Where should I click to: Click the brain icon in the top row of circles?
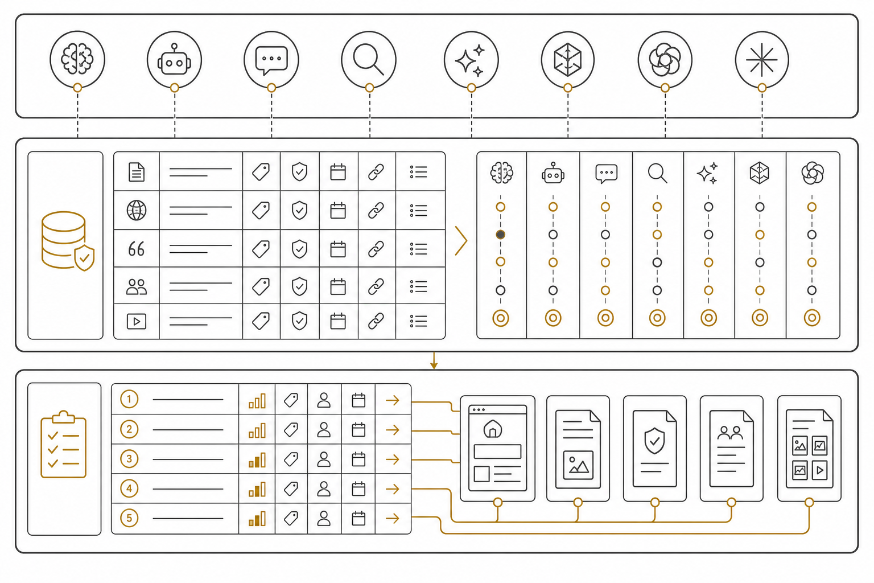click(x=77, y=59)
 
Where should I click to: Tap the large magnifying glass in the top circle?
click(x=368, y=59)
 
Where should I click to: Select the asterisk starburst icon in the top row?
click(x=762, y=60)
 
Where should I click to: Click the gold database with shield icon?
click(x=68, y=241)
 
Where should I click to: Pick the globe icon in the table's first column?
click(x=137, y=210)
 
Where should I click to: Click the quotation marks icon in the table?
click(x=136, y=249)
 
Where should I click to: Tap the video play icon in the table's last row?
click(x=137, y=321)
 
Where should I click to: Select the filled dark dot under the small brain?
click(x=501, y=235)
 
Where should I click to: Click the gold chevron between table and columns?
click(x=461, y=241)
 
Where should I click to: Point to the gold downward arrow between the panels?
click(x=434, y=360)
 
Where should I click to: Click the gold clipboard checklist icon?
click(x=64, y=445)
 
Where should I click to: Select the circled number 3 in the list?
click(x=129, y=459)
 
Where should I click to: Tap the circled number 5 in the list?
click(x=129, y=518)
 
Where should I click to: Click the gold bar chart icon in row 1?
click(x=257, y=401)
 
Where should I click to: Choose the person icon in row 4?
click(x=324, y=488)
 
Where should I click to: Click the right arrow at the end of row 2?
click(x=393, y=430)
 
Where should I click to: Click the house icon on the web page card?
click(x=493, y=428)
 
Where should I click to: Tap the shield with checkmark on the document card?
click(x=655, y=441)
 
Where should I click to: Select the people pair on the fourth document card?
click(x=731, y=433)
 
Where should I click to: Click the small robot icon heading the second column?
click(x=553, y=173)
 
